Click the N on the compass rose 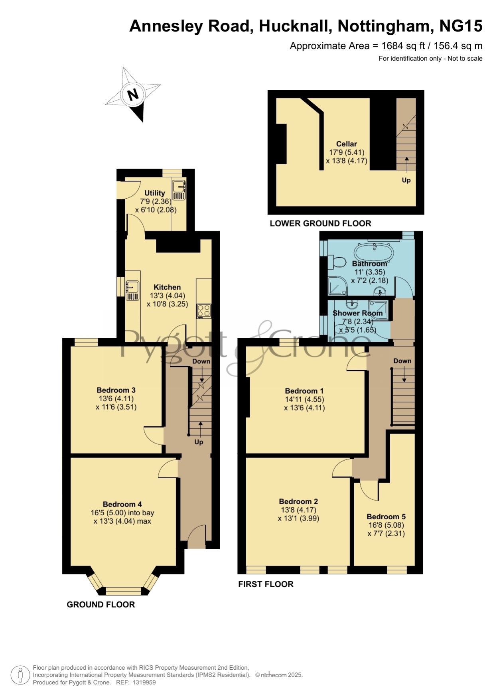click(x=132, y=95)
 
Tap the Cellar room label click(x=347, y=144)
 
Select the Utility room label click(x=155, y=193)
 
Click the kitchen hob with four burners click(x=204, y=312)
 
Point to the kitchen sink click(x=132, y=290)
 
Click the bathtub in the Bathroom click(x=374, y=252)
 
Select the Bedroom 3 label click(x=116, y=390)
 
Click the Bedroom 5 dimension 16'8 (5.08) click(x=386, y=525)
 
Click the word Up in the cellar click(x=406, y=180)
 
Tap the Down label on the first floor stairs click(x=402, y=361)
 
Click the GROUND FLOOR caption click(x=101, y=605)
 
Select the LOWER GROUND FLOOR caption click(x=320, y=223)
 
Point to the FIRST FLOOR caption click(x=266, y=584)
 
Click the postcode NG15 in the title click(x=461, y=26)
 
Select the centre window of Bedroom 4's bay click(x=123, y=591)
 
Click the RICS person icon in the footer click(x=20, y=676)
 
